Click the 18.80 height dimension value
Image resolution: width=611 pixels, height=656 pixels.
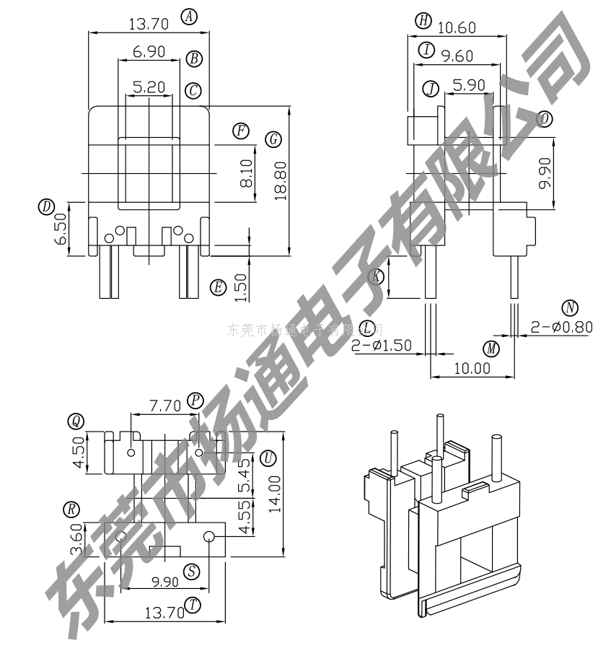pos(281,180)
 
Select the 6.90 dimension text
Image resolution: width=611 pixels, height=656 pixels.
pos(149,52)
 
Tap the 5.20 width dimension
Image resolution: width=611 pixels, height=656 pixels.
pos(149,87)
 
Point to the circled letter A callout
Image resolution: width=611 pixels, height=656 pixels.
pos(190,17)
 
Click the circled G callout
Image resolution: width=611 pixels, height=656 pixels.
pos(273,140)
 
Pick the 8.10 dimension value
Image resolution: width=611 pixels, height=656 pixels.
pos(247,174)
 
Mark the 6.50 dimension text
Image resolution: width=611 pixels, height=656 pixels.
pos(61,229)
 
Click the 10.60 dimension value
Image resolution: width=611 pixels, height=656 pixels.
pos(457,27)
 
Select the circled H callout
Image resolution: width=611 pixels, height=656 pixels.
pos(423,22)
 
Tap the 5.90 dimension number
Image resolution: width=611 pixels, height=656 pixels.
pos(469,84)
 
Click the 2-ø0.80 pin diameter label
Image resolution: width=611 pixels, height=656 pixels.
pos(561,327)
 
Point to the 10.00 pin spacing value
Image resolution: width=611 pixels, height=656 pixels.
pos(472,367)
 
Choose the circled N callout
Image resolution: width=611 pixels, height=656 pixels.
pos(571,308)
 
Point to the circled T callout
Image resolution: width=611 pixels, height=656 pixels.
pos(193,605)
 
